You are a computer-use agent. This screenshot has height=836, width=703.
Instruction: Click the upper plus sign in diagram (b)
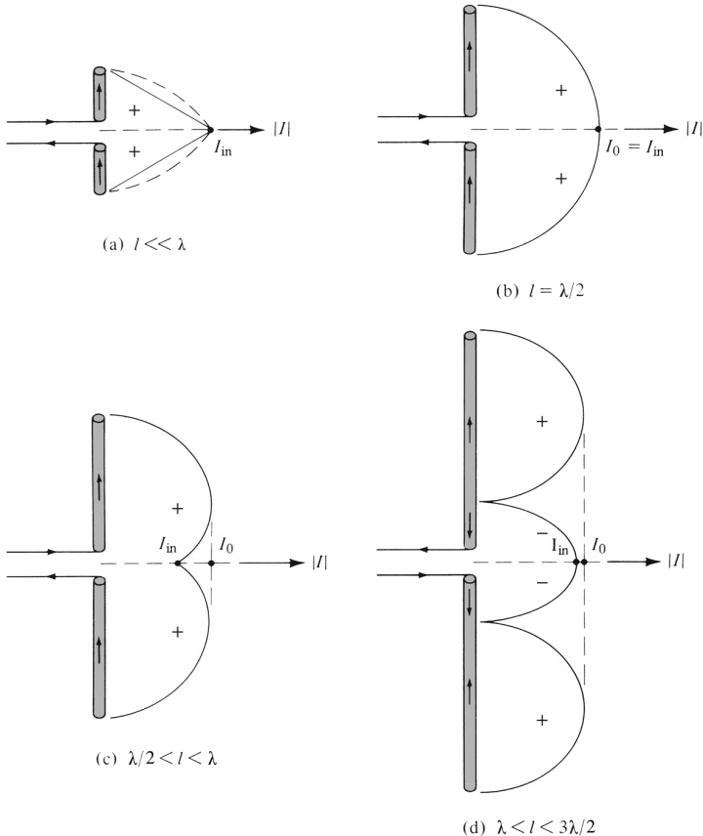(560, 91)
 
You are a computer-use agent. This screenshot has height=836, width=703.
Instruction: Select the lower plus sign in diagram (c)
(177, 633)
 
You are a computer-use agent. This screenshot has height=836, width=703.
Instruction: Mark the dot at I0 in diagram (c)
(212, 564)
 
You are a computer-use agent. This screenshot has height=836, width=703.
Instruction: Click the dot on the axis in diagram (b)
(599, 129)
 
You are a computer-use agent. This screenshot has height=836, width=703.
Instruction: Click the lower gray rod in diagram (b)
(471, 199)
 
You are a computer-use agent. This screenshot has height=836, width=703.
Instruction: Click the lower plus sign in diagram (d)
(541, 720)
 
